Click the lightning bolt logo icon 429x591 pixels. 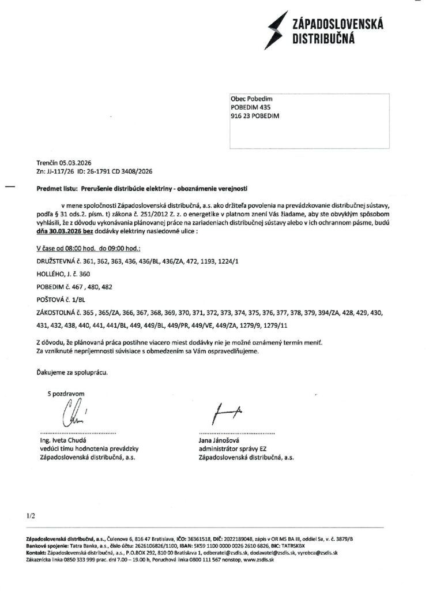272,28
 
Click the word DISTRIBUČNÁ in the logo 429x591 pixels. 323,38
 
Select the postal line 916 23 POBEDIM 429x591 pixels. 255,116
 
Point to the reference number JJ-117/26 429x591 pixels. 59,171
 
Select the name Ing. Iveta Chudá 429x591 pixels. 61,441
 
